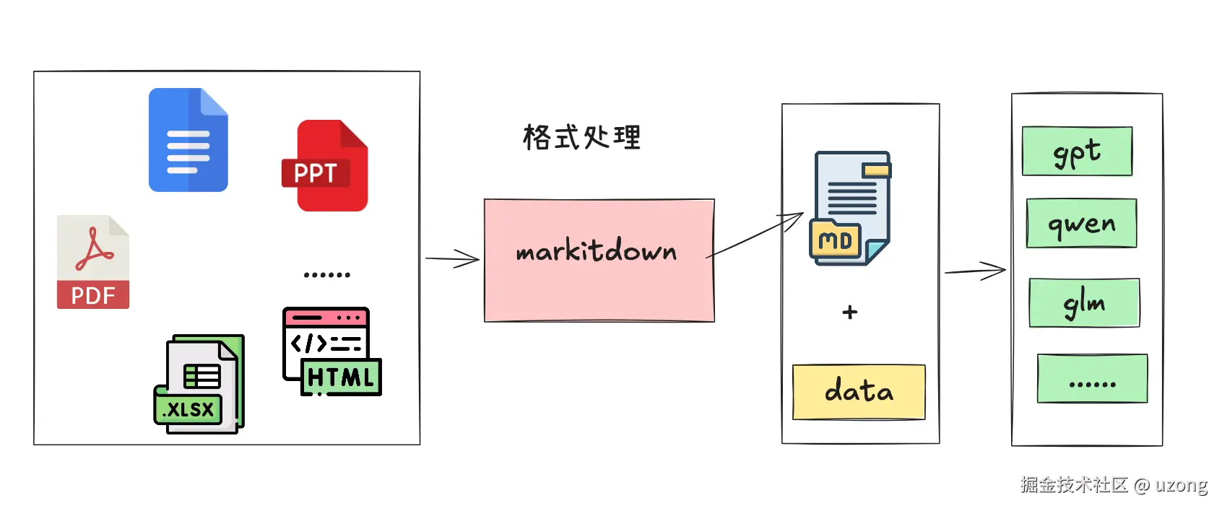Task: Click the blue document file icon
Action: click(188, 140)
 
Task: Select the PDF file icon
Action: click(93, 262)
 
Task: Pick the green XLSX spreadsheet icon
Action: click(199, 384)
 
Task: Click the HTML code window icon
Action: click(331, 351)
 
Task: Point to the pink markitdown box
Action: click(599, 260)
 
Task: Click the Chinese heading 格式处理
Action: click(581, 137)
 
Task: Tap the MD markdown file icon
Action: click(850, 208)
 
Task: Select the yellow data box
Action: click(859, 392)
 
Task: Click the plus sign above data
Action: click(850, 312)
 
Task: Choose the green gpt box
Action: click(1077, 152)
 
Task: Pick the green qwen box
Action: click(1081, 224)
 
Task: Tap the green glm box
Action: click(1084, 303)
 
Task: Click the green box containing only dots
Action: click(1092, 378)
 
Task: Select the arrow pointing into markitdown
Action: click(452, 259)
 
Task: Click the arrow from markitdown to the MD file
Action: click(755, 235)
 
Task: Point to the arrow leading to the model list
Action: click(975, 271)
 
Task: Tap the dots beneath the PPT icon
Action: click(327, 275)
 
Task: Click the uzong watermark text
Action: click(1181, 484)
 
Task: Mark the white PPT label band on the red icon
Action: click(316, 173)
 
